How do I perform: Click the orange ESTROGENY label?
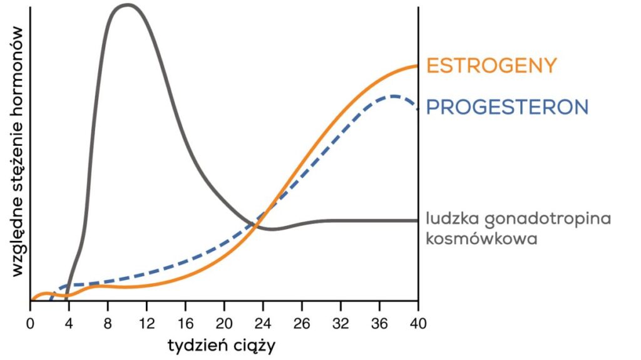(491, 65)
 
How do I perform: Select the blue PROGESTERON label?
(507, 106)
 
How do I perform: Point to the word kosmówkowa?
(481, 239)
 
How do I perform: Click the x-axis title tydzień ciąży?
(222, 345)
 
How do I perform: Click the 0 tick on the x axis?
(30, 324)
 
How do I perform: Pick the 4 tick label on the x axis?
(69, 324)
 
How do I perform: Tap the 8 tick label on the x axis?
(108, 324)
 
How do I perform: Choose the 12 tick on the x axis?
(146, 324)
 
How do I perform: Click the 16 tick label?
(185, 324)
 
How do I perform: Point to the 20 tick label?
(224, 324)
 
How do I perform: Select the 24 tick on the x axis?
(263, 324)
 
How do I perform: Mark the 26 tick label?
(302, 324)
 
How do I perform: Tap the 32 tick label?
(341, 324)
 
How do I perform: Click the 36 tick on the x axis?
(379, 324)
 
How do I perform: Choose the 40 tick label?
(418, 324)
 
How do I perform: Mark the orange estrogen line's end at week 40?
(417, 65)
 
